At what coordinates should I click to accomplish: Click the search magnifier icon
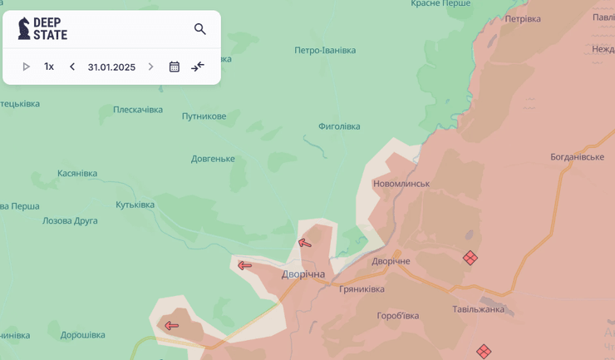pos(199,29)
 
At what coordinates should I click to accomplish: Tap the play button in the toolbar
pos(26,67)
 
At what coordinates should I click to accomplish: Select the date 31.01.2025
pos(111,67)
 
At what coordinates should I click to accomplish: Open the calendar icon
pos(174,67)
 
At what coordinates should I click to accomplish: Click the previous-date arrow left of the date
pos(72,67)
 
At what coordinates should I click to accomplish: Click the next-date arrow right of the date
pos(150,67)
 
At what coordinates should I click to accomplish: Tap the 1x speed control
pos(49,67)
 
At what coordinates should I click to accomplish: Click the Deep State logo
pos(42,28)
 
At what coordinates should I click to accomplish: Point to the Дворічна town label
pos(303,274)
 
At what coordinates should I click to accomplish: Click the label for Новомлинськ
pos(401,184)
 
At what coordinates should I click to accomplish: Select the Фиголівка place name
pos(339,126)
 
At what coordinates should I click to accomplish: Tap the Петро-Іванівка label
pos(325,50)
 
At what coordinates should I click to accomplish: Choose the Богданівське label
pos(577,156)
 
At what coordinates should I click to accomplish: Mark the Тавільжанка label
pos(478,309)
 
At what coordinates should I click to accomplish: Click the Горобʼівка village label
pos(398,315)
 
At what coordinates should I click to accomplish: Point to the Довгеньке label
pos(213,159)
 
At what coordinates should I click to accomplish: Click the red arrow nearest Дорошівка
pos(171,325)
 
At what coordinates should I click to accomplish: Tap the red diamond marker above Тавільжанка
pos(470,258)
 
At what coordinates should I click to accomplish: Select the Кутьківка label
pos(135,205)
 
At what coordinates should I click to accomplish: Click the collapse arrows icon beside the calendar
pos(198,67)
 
